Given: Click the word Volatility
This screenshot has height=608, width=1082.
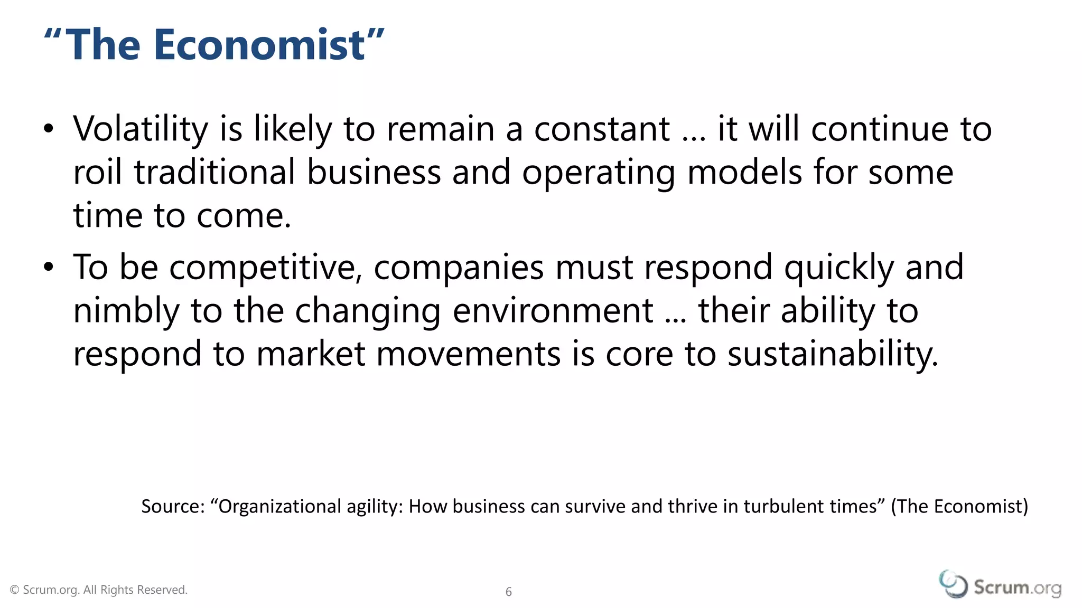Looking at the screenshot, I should pos(141,129).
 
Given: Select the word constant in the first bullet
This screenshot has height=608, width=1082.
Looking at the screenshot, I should pos(602,129).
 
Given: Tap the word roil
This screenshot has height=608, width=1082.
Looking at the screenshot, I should pos(98,173).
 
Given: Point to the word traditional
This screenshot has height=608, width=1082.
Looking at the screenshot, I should pos(214,173).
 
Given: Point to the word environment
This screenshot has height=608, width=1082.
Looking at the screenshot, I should pos(553,311).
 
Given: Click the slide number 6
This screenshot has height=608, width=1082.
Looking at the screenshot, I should pos(509,592).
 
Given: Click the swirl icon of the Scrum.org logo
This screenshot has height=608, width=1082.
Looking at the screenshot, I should pos(953,584).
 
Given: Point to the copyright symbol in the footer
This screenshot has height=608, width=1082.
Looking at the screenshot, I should pos(15,590).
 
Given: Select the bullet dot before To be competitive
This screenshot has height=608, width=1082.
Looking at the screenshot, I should pos(49,267).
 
